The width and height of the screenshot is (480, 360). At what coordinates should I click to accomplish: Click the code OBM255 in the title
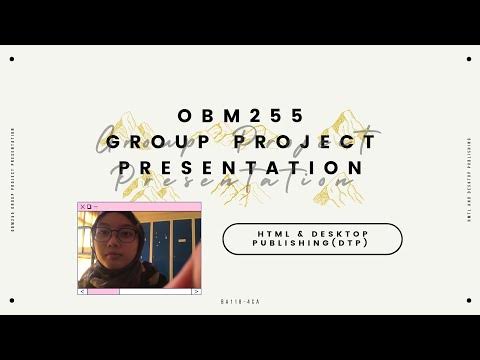tap(239, 116)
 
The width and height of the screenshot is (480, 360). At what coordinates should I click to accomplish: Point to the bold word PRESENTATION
tap(239, 166)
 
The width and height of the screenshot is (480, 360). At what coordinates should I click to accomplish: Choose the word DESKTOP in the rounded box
tap(335, 233)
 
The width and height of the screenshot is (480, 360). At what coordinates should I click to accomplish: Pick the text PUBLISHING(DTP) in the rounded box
tap(311, 243)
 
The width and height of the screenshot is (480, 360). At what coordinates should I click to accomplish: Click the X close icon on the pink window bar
tap(83, 207)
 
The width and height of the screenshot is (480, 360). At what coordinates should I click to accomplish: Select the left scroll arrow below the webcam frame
tap(82, 291)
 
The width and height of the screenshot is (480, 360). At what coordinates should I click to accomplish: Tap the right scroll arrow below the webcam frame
tap(196, 291)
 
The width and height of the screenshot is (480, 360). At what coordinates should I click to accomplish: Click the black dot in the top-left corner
tap(11, 58)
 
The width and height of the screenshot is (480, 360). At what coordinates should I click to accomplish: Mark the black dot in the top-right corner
tap(468, 58)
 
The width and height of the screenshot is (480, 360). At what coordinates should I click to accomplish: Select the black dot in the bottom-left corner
tap(11, 302)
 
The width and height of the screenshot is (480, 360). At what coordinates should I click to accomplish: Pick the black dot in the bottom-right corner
tap(468, 302)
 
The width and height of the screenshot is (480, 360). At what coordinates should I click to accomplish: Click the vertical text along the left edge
tap(11, 180)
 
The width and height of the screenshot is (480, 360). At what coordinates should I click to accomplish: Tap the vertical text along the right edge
tap(468, 180)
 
